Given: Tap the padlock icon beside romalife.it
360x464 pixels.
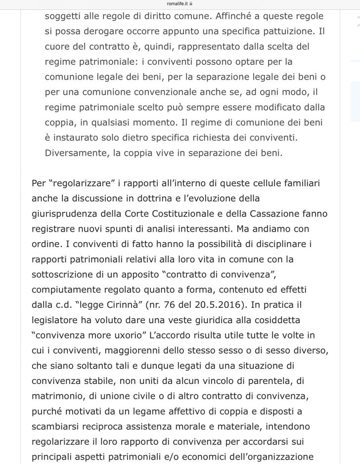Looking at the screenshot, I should pos(191,3).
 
